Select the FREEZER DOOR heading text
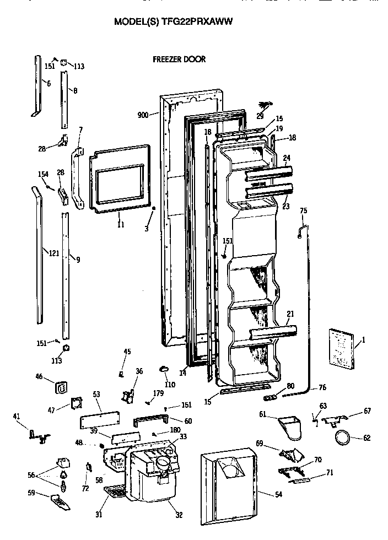179,60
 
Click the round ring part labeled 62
343,439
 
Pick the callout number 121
53,253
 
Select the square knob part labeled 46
61,388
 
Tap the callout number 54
278,495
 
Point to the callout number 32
180,515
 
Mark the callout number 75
303,210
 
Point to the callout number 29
260,115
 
